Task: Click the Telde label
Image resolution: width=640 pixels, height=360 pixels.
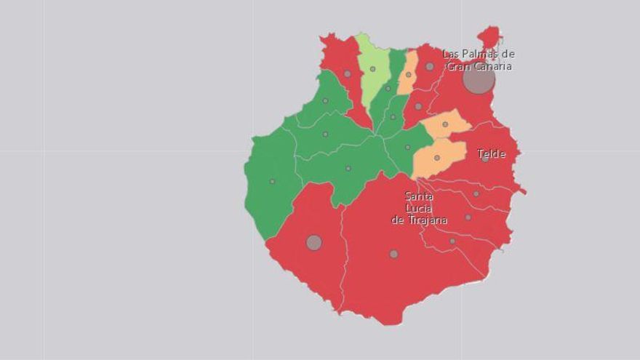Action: [492, 153]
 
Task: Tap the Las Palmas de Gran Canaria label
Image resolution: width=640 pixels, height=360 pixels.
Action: [479, 60]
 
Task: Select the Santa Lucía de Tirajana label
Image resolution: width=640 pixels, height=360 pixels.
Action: [419, 208]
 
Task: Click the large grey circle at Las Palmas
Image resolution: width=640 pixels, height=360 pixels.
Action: [479, 79]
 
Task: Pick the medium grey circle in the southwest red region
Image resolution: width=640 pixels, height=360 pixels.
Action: [313, 242]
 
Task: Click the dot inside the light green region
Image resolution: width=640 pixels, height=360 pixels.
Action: [372, 69]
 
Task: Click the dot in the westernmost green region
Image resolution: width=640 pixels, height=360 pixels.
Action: [272, 181]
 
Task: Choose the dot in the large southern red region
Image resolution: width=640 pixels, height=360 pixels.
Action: [393, 254]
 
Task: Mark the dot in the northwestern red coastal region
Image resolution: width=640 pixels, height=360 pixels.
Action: [347, 73]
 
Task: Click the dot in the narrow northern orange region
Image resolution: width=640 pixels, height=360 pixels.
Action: [409, 74]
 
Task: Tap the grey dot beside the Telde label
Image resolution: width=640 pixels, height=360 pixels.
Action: [485, 159]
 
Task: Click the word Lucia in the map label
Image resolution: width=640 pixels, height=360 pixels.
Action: [419, 208]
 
